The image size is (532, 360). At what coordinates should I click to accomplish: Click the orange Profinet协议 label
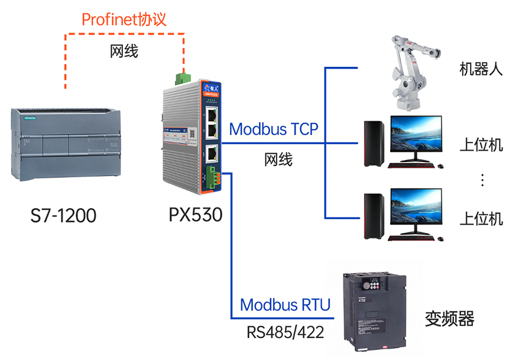(x=124, y=20)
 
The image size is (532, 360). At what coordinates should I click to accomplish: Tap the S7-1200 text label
(x=63, y=216)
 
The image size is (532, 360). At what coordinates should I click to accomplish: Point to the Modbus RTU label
(x=286, y=305)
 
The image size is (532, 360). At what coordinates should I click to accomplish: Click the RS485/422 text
(x=286, y=332)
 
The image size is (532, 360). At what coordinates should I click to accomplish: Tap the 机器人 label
(x=481, y=69)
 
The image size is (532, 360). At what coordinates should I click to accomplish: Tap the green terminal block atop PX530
(x=184, y=78)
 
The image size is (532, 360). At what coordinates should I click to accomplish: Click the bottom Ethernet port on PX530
(x=211, y=154)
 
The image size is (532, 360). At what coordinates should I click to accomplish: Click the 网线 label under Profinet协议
(x=124, y=51)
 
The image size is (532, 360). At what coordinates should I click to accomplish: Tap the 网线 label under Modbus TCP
(x=278, y=159)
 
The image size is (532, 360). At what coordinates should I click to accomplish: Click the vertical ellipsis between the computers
(x=482, y=180)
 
